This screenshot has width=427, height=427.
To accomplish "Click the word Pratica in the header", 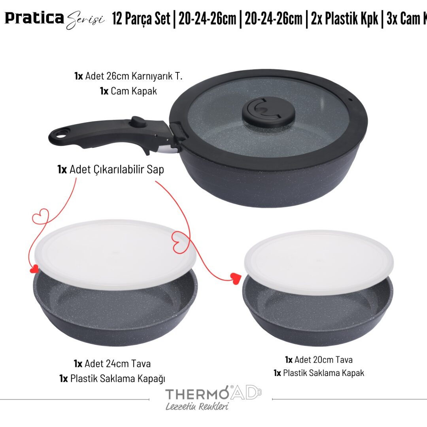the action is coord(34,18).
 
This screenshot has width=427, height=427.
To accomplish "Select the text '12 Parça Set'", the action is coord(141,19).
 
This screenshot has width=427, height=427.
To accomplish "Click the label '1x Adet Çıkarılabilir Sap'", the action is coord(111,169).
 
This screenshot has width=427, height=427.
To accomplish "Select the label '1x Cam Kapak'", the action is coord(128,91).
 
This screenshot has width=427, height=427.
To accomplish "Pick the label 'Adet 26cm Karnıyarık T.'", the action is coord(134,76).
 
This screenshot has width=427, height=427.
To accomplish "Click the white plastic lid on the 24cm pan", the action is coord(115,254).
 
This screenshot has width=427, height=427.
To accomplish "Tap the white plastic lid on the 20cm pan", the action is coord(319,263).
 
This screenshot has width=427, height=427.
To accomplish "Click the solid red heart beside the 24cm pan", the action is coord(34,269).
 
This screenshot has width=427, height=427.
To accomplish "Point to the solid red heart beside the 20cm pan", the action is coord(236,278).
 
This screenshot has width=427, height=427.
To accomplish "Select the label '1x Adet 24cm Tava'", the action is coord(112,364).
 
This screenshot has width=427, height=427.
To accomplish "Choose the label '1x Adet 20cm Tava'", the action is coord(319,360).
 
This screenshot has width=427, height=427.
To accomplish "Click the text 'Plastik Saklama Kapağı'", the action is coord(118,378).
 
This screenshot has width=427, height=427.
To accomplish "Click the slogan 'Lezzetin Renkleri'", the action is coord(197,406).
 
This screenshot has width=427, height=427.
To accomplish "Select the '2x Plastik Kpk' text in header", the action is coord(344,19).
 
